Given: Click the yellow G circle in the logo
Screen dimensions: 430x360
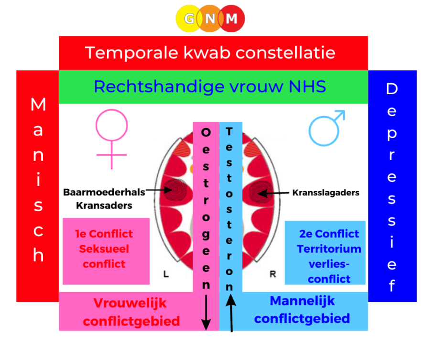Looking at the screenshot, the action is pyautogui.click(x=189, y=19).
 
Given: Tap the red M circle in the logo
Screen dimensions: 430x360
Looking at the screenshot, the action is pyautogui.click(x=232, y=19).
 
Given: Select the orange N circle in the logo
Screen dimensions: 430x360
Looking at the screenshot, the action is pyautogui.click(x=210, y=19).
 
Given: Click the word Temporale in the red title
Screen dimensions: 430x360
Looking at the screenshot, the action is pyautogui.click(x=131, y=53).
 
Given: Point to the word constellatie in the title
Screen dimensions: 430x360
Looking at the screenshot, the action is pyautogui.click(x=286, y=53).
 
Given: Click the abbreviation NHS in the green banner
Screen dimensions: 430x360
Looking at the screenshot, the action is pyautogui.click(x=307, y=86).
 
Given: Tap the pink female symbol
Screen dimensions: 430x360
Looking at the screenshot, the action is pyautogui.click(x=112, y=139).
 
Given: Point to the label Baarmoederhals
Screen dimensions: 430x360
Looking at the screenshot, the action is pyautogui.click(x=104, y=192).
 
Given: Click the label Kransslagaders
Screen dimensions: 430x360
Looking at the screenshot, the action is pyautogui.click(x=326, y=192).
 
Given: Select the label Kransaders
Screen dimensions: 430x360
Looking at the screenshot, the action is pyautogui.click(x=104, y=205).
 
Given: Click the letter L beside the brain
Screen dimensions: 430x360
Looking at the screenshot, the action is pyautogui.click(x=166, y=274).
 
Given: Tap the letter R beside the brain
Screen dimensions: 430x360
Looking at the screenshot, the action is pyautogui.click(x=273, y=274).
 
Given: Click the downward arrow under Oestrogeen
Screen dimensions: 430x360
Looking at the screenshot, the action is pyautogui.click(x=206, y=313).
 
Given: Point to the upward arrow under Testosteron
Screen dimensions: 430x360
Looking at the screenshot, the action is pyautogui.click(x=231, y=313).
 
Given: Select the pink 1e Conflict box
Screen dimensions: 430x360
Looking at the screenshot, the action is pyautogui.click(x=106, y=251).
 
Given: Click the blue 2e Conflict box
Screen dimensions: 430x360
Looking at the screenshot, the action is pyautogui.click(x=325, y=253).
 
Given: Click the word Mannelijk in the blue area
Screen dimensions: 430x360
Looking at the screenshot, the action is pyautogui.click(x=302, y=301).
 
